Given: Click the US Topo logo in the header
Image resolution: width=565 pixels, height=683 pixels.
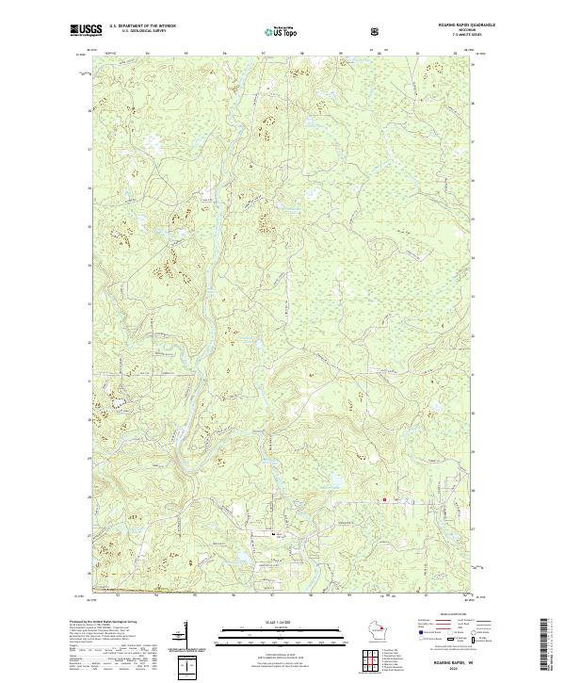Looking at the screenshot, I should click(x=282, y=31).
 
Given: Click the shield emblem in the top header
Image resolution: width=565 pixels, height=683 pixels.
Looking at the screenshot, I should click(x=377, y=30).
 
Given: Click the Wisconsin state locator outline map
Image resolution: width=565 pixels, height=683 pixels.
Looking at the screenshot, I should click(x=381, y=631).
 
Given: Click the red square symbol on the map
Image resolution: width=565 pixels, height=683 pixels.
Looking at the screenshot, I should click(x=383, y=499).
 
